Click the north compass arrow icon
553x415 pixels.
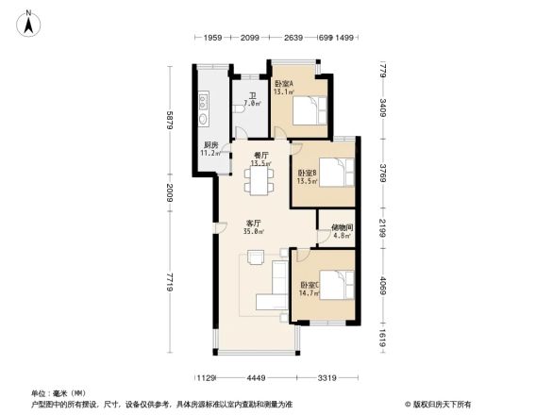click(x=29, y=22)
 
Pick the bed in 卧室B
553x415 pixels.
click(x=333, y=174)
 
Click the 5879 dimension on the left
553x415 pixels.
click(x=169, y=122)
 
